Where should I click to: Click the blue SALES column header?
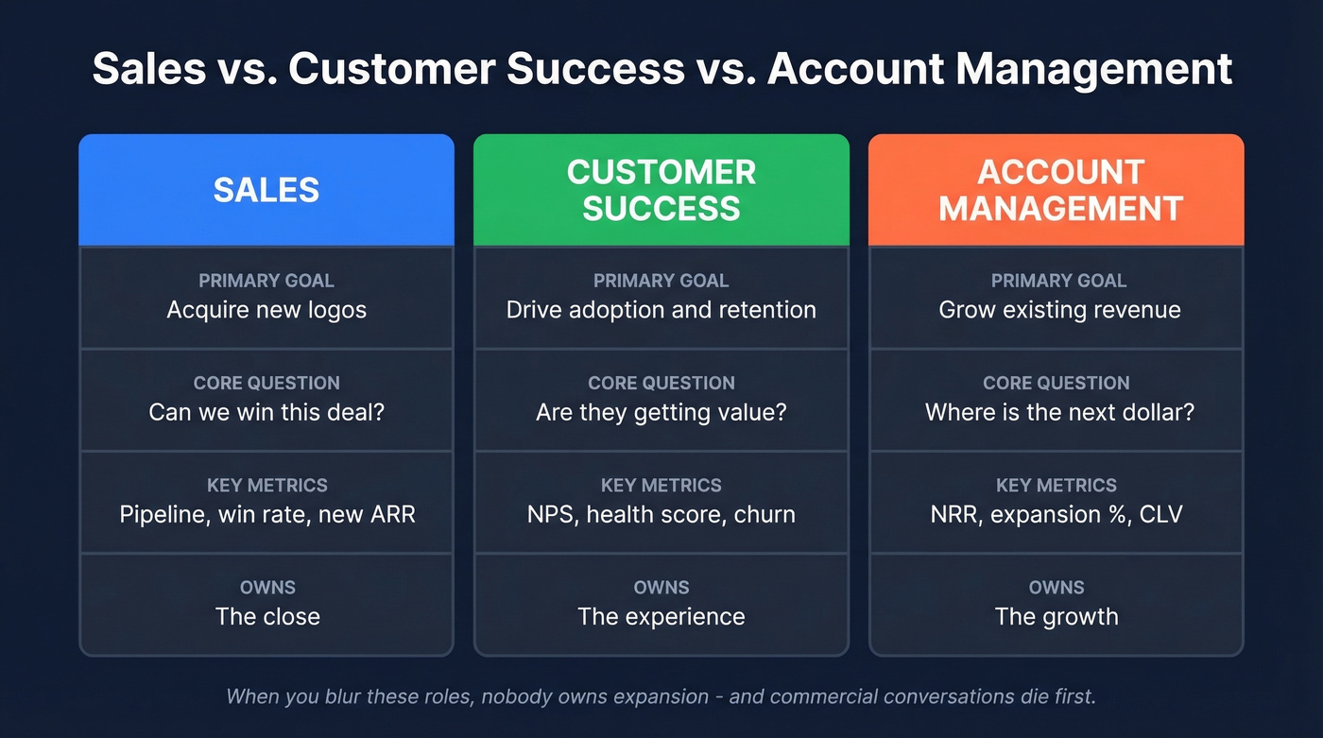coord(266,190)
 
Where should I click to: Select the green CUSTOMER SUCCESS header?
coord(661,190)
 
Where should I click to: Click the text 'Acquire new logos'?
coord(266,310)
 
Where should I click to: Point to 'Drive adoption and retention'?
coord(661,310)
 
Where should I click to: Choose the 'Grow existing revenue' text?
coord(1059,310)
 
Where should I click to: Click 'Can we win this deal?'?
coord(266,412)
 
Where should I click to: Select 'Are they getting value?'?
coord(661,412)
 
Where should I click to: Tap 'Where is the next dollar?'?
coord(1059,412)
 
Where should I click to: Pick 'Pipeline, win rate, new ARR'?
coord(267,514)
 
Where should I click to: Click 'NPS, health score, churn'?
coord(661,514)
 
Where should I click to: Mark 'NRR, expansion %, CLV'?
coord(1057,514)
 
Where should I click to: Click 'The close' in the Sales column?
coord(267,616)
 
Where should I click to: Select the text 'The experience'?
coord(661,616)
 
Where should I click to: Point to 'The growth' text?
coord(1057,616)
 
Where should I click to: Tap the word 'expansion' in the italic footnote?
coord(659,697)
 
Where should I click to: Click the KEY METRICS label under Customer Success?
coord(661,486)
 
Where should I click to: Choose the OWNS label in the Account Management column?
coord(1057,588)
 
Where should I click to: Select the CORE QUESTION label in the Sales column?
coord(266,384)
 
